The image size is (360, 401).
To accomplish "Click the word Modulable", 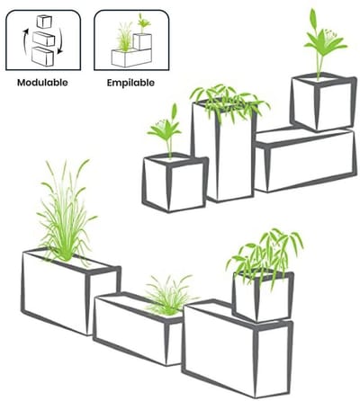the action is click(x=42, y=83).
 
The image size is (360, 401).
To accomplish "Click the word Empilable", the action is click(x=130, y=83).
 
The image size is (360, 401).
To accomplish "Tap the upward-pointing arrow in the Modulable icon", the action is click(x=25, y=41).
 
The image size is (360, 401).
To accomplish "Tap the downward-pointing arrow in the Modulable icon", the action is click(x=59, y=41).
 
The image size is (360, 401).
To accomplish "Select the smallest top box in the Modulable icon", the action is click(x=44, y=22).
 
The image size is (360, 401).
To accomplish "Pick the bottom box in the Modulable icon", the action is click(x=42, y=56).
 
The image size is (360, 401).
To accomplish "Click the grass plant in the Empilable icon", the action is click(x=124, y=37).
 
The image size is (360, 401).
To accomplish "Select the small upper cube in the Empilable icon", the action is click(x=142, y=41).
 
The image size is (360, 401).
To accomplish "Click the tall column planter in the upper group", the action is click(x=223, y=151).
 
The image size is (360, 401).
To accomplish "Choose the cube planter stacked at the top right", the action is click(x=323, y=101).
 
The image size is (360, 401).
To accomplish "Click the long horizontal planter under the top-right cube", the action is click(x=305, y=160).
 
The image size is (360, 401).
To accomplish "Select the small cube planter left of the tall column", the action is click(x=175, y=182).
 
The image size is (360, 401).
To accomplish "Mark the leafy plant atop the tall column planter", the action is click(x=229, y=102).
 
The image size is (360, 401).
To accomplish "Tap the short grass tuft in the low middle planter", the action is click(x=169, y=295).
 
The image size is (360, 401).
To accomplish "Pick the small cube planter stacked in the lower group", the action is click(x=262, y=295).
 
